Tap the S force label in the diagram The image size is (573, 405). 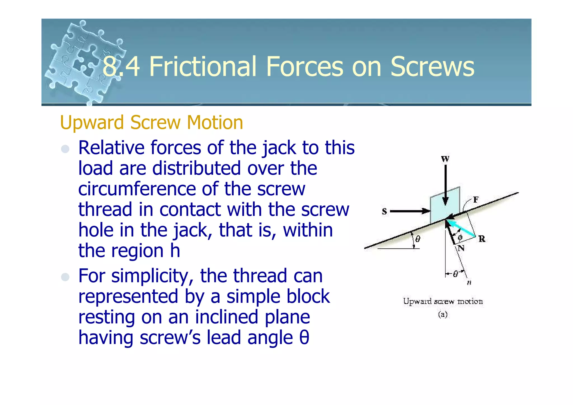pos(384,211)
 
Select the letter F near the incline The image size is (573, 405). pos(476,200)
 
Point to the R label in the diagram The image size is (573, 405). pos(482,239)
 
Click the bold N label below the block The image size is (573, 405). pos(461,248)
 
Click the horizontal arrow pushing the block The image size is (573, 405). pos(410,211)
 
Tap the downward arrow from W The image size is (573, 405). pos(445,185)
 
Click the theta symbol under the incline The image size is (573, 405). pos(418,239)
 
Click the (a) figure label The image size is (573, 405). pos(443,314)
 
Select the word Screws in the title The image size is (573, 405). pos(432,67)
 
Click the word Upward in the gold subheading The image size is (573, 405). pos(92,123)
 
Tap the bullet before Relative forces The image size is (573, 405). pos(65,149)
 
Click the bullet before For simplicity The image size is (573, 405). pos(65,277)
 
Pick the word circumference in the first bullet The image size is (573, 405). pos(137,189)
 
